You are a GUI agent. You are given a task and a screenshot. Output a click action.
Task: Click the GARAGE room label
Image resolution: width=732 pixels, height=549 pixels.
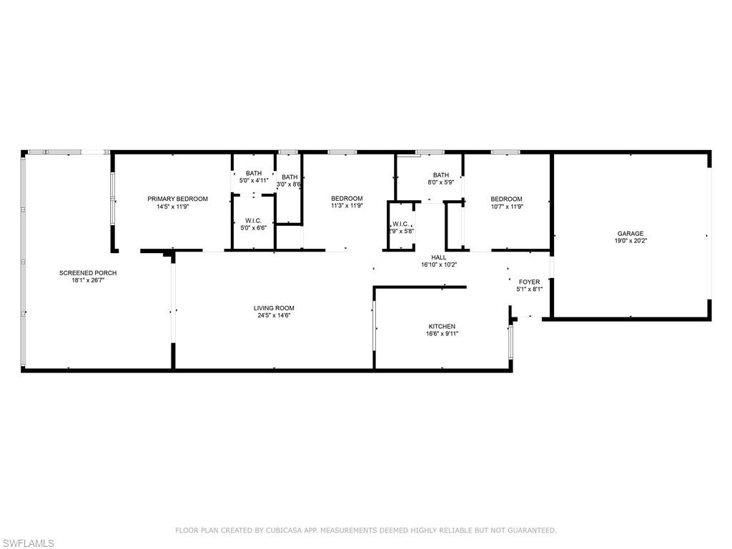coord(630,234)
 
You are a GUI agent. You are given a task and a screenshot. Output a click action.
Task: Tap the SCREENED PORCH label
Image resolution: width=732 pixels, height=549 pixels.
coord(88,273)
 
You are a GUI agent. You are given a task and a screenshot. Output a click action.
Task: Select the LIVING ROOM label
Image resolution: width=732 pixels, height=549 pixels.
coord(274,308)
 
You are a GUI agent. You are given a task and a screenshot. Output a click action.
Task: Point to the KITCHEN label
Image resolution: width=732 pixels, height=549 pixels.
coord(441,327)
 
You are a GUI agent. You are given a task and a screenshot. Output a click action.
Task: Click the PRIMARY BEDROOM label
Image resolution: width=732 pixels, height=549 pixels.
coord(177,199)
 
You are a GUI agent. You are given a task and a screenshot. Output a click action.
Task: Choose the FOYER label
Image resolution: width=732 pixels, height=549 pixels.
coord(529,282)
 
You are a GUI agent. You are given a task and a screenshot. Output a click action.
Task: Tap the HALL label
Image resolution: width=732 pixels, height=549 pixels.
coord(438,257)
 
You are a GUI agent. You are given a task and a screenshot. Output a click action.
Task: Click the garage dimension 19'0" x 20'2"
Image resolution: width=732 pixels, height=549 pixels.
coord(630,242)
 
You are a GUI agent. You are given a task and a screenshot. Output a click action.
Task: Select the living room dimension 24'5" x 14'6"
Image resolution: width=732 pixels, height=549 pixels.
coord(274,315)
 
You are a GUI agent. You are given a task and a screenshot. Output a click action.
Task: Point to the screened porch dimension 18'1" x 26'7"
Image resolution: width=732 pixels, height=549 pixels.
coord(88,280)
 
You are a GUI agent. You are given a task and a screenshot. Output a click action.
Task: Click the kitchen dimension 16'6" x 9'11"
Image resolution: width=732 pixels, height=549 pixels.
coord(441,334)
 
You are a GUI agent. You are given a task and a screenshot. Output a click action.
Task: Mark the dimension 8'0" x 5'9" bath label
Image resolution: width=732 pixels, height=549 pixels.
coord(440,183)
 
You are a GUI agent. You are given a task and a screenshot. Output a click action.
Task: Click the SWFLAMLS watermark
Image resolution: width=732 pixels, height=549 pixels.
coord(28,543)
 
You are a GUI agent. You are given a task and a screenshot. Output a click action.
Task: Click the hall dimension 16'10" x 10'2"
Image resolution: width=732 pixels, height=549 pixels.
coord(438,264)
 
